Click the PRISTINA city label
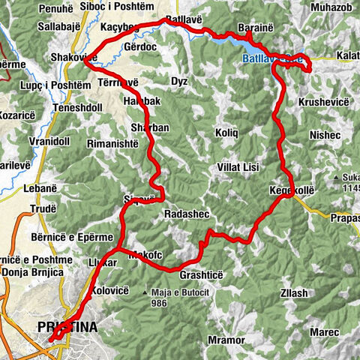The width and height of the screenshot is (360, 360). click(66, 326)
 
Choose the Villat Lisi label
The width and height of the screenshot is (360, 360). click(238, 166)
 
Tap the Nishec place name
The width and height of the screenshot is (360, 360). click(324, 135)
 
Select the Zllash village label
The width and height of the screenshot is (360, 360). click(293, 292)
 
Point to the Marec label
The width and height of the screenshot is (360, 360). click(325, 331)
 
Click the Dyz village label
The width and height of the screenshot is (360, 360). click(179, 81)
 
